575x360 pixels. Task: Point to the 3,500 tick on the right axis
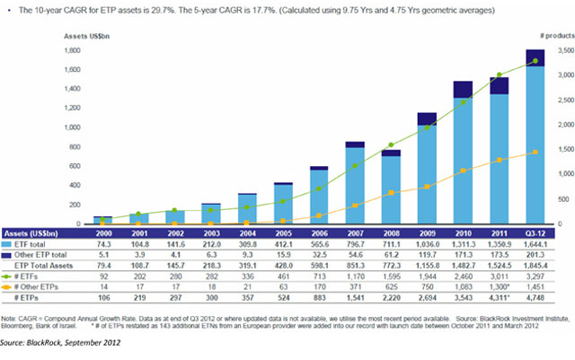click(558, 51)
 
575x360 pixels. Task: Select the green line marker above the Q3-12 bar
click(536, 61)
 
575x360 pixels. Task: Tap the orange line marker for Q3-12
click(536, 153)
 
